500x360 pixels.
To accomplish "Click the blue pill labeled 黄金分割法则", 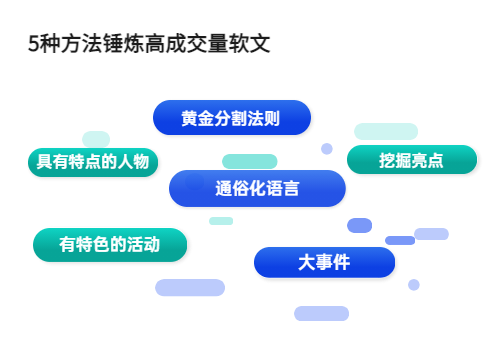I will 231,118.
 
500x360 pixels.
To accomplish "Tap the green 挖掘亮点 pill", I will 411,160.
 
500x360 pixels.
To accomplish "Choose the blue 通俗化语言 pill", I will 257,188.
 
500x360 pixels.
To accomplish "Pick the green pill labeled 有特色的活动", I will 110,244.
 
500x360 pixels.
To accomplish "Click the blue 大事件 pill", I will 324,262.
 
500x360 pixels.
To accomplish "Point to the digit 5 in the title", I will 34,45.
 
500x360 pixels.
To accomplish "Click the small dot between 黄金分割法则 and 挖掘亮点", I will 326,149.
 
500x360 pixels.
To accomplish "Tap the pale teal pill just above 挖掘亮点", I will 386,131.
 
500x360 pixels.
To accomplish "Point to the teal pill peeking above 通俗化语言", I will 249,161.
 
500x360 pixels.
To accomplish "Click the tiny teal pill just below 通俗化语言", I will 221,220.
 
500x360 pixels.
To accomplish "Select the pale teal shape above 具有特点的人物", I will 96,138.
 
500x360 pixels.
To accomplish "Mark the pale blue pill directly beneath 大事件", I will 321,313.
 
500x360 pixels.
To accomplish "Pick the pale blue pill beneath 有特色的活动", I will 190,288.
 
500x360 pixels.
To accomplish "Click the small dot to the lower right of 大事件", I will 413,285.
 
